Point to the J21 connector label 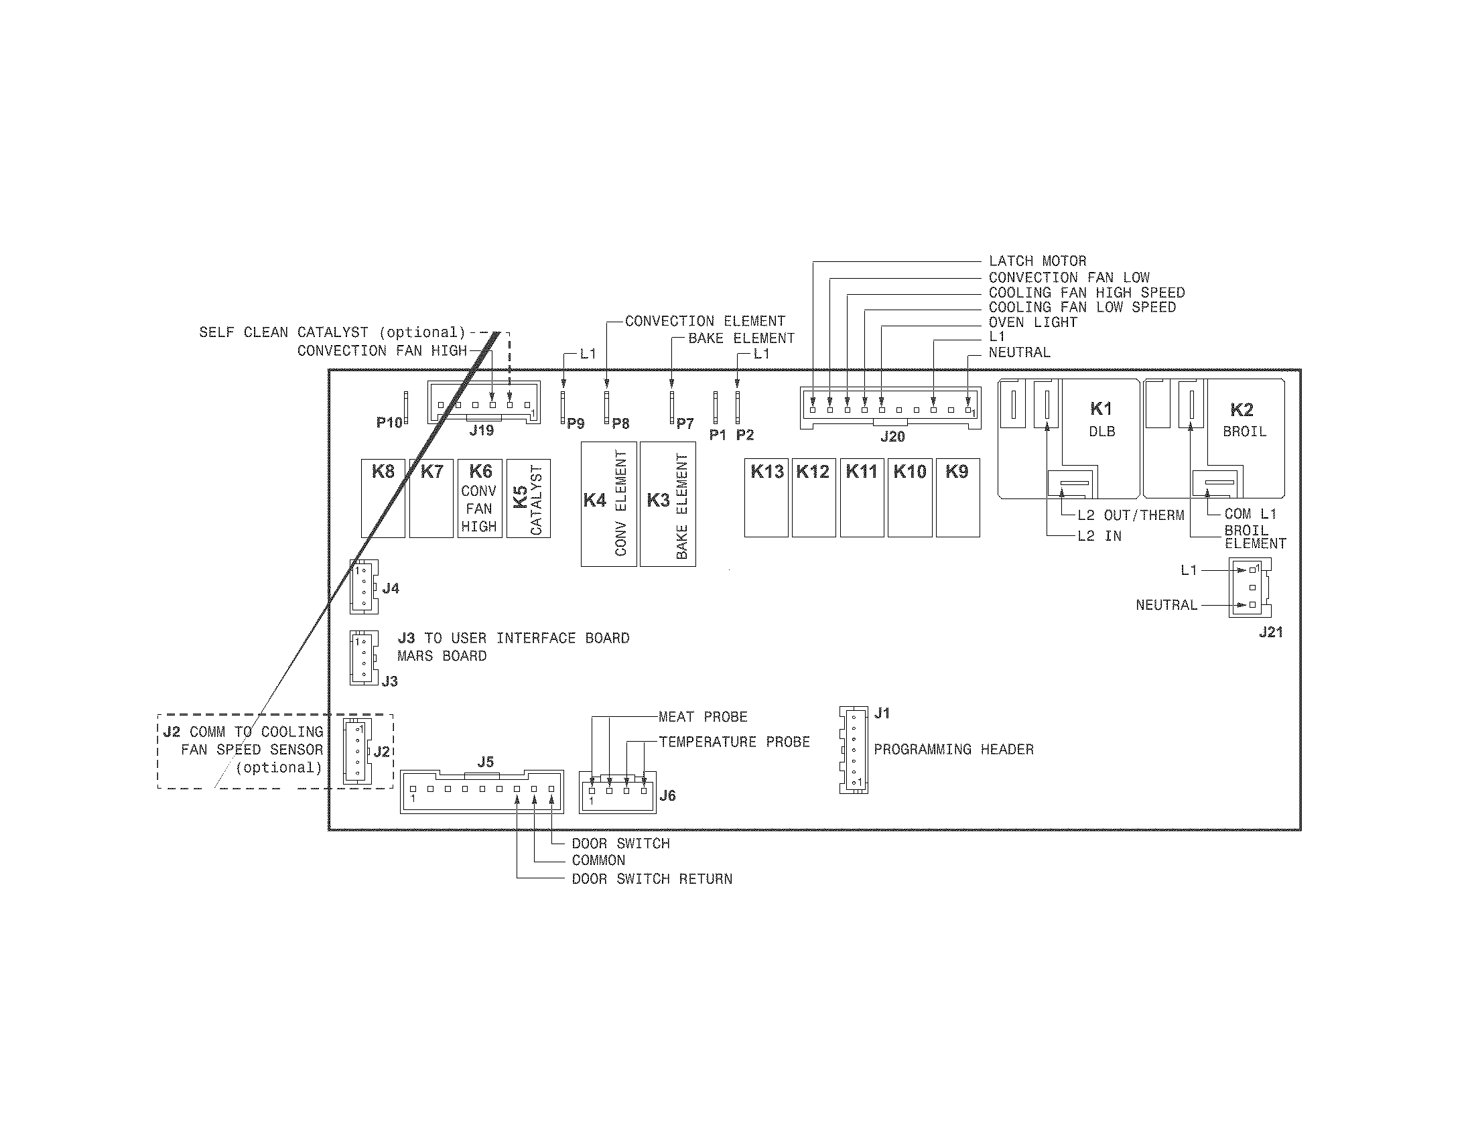pos(1270,632)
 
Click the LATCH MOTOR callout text pos(1037,261)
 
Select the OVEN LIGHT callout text pos(1032,322)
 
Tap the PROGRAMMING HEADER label pos(953,749)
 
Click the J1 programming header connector pos(854,750)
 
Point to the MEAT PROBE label pos(703,717)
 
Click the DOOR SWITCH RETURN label pos(651,878)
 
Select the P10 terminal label pos(389,423)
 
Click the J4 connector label pos(390,588)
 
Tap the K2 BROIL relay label pos(1243,419)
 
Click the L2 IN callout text pos(1099,536)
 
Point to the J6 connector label pos(667,795)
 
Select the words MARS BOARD pos(442,656)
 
